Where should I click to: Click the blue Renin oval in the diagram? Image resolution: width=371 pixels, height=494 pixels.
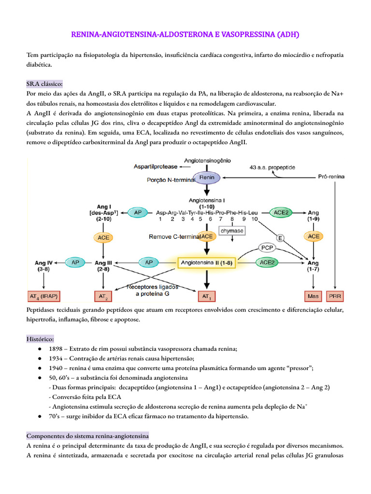[207, 178]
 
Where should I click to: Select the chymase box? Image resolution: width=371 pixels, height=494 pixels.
[232, 231]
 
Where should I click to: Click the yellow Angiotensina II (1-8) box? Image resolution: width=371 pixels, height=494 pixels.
[206, 262]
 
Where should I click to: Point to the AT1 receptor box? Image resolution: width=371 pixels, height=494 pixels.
[206, 295]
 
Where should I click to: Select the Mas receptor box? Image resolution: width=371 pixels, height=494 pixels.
[313, 295]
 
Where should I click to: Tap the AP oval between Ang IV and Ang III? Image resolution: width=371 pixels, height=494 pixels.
[75, 262]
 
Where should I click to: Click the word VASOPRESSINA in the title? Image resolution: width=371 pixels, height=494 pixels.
[242, 35]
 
